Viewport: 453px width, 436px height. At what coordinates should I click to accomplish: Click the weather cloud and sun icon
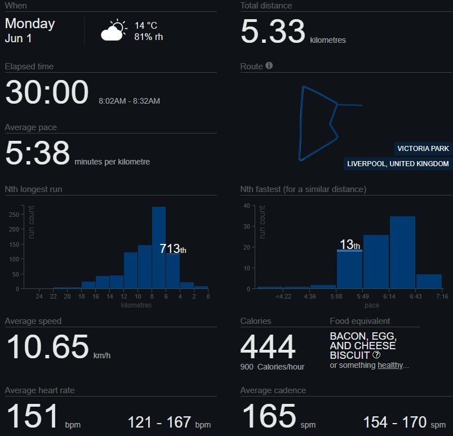coord(114,30)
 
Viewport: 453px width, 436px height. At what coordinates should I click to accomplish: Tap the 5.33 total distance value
coord(273,31)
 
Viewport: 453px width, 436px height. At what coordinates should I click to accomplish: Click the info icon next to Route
coord(269,65)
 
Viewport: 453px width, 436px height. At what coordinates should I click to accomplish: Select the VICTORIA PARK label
coord(423,149)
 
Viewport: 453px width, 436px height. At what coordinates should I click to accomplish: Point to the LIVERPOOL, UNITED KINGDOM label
coord(398,164)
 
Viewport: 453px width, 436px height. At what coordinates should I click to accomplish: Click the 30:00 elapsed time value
coord(47,92)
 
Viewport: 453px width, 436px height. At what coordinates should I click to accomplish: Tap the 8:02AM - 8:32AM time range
coord(129,101)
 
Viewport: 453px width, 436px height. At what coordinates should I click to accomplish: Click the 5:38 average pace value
coord(37,153)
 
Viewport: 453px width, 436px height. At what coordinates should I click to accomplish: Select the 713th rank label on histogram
coord(173,248)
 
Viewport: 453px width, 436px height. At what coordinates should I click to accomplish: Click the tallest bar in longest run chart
coord(159,248)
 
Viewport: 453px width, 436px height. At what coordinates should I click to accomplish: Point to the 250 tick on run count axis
coord(14,215)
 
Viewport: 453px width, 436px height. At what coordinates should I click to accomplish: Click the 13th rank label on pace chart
coord(350,244)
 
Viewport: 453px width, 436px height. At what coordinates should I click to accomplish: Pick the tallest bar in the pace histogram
coord(402,252)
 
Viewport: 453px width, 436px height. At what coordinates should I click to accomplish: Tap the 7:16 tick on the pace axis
coord(442,296)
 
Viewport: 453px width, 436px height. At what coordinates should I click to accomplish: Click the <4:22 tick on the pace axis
coord(283,296)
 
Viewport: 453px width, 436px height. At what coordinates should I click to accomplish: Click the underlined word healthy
coord(390,365)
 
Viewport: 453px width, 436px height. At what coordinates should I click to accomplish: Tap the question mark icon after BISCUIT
coord(376,354)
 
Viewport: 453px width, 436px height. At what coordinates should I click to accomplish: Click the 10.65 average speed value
coord(47,346)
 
